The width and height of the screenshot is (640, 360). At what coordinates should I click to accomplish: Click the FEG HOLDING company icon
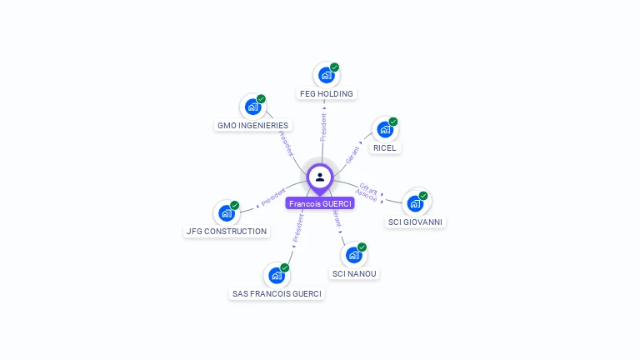tap(326, 75)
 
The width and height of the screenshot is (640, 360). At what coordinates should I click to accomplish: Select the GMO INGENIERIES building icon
tap(252, 107)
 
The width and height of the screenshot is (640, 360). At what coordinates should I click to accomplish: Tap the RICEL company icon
tap(384, 129)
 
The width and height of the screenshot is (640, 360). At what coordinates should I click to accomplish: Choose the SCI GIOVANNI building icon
tap(415, 203)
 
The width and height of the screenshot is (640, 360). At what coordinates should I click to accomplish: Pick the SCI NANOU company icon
tap(353, 255)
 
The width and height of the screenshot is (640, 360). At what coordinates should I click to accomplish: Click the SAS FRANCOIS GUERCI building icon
tap(276, 275)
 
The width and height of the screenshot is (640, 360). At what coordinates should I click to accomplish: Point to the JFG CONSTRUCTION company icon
tap(226, 212)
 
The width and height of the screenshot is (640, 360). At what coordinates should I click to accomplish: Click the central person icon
tap(320, 177)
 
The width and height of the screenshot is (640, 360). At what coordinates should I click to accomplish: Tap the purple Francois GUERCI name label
tap(320, 203)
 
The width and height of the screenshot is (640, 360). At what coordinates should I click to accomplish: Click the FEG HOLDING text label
tap(327, 94)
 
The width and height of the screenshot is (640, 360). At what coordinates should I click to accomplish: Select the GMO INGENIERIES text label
tap(252, 126)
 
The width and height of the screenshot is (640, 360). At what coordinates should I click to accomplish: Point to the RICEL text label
tap(385, 148)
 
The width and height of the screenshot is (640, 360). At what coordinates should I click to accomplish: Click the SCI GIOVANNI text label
tap(416, 222)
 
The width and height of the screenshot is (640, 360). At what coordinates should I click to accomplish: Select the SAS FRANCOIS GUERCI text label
tap(277, 294)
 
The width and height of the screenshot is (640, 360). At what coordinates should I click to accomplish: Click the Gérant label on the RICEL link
tap(353, 152)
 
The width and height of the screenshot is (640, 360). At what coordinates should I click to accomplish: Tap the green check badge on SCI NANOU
tap(362, 247)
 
